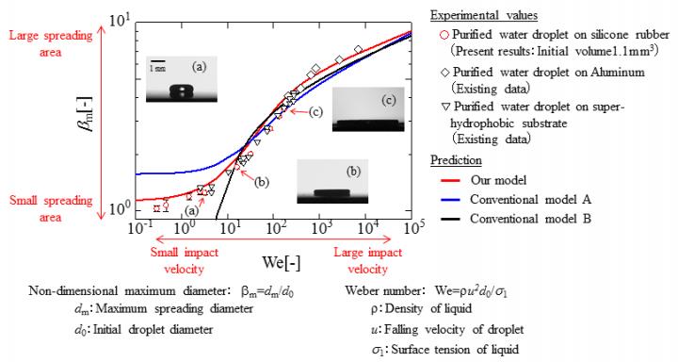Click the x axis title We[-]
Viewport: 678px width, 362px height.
(x=273, y=257)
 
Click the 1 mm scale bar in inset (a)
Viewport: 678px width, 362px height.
(x=158, y=64)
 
